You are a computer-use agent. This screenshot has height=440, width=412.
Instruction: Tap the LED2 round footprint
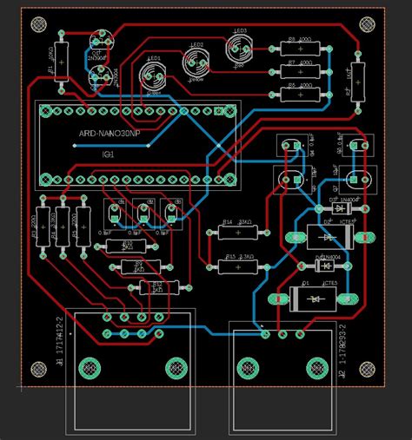point(196,62)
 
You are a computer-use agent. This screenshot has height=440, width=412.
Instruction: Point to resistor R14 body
point(232,233)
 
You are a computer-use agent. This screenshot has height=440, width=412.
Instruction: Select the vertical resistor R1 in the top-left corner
point(60,61)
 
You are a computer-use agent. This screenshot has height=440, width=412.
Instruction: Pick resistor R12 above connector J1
point(157,287)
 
